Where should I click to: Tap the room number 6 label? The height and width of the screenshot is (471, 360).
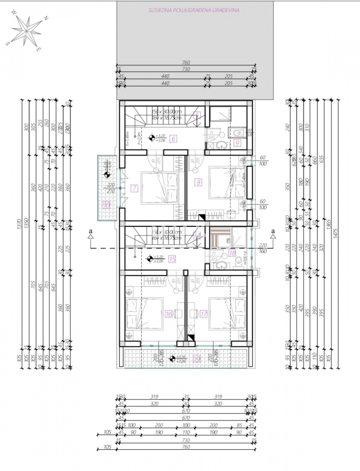point(173,140)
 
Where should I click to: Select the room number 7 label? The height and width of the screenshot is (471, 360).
point(134,188)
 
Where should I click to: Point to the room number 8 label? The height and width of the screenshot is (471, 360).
point(199,183)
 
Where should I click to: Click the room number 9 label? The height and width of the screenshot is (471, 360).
point(238,142)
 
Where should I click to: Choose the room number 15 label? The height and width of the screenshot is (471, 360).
point(172,259)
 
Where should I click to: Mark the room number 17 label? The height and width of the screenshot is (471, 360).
point(203,314)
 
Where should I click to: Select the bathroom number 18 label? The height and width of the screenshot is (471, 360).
point(232,253)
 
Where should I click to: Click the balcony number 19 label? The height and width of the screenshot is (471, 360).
point(196,359)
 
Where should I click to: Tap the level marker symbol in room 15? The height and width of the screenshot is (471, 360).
point(150,259)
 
